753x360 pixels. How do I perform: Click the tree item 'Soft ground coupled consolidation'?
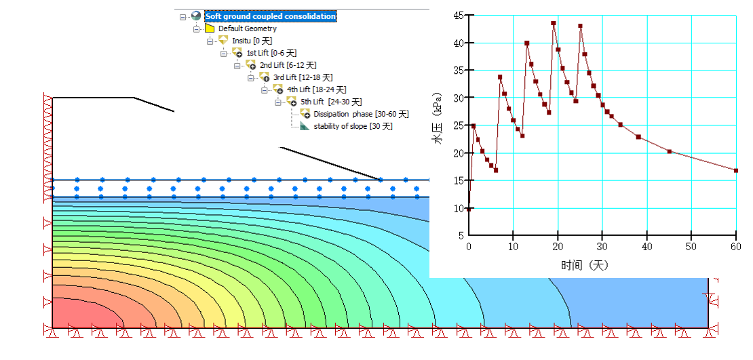pos(270,16)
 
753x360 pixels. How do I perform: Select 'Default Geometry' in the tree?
pos(247,28)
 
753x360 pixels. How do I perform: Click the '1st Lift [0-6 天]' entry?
pos(271,53)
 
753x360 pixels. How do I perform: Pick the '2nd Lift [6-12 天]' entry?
pos(288,65)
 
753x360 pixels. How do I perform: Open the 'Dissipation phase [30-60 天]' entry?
pos(361,114)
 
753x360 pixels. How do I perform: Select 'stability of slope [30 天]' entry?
pos(353,126)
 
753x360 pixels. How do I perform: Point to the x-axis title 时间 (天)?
pos(585,265)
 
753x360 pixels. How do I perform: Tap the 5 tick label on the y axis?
pos(461,235)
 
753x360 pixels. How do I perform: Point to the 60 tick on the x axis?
pos(735,245)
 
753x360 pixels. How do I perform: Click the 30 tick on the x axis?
pos(602,245)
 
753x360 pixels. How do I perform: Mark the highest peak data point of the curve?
pos(554,23)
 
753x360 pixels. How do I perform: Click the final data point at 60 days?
pos(736,171)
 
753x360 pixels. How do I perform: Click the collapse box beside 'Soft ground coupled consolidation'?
pos(182,17)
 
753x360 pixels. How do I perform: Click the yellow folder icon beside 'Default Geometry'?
pos(210,28)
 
